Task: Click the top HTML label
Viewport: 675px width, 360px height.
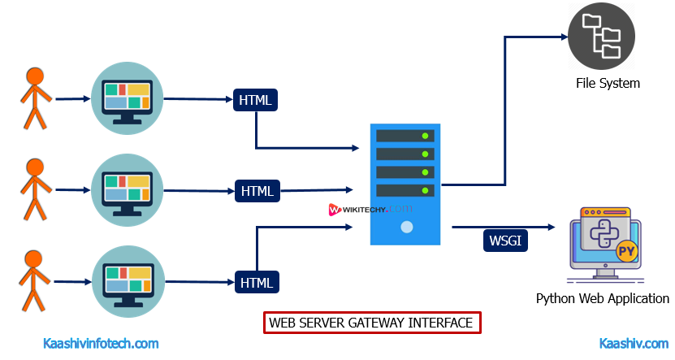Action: click(257, 100)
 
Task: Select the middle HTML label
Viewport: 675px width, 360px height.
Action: click(257, 191)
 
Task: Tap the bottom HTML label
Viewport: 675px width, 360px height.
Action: click(257, 282)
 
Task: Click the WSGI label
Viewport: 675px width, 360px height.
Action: click(507, 241)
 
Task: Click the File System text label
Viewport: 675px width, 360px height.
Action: click(608, 83)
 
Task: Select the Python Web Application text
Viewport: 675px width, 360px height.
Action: click(603, 298)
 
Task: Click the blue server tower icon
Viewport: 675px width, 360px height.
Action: click(405, 184)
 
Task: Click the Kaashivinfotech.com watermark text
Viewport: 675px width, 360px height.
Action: click(101, 344)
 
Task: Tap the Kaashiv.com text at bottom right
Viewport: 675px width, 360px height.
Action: click(633, 344)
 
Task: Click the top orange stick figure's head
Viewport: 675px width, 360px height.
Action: click(35, 76)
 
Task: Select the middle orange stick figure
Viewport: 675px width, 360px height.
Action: click(35, 190)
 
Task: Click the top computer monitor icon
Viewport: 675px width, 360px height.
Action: click(128, 98)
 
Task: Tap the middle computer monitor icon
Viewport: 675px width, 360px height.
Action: click(128, 190)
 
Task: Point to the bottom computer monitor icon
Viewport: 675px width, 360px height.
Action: click(128, 281)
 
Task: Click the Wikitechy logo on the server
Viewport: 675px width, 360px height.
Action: click(370, 209)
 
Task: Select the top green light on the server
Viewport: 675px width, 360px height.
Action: click(424, 136)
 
